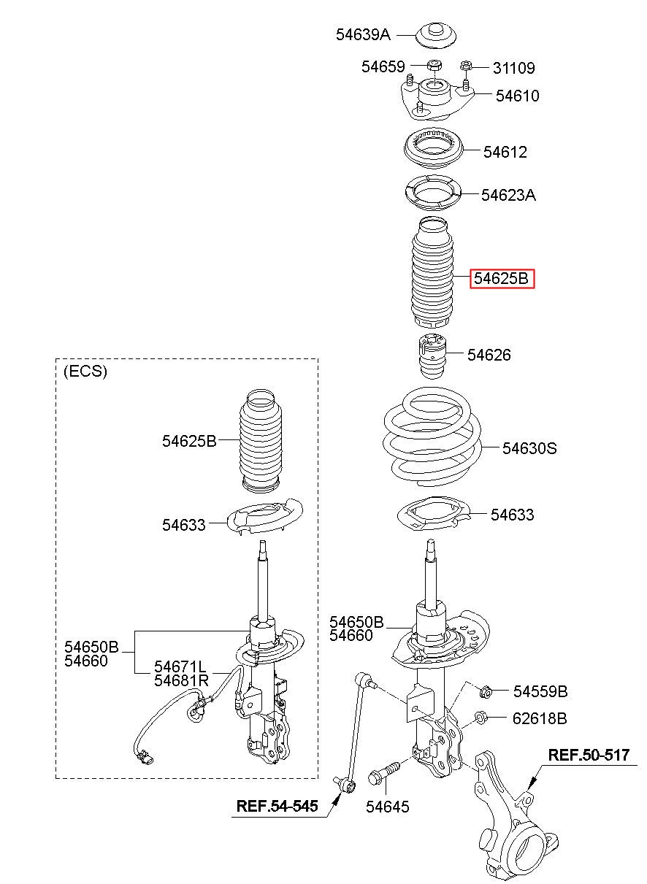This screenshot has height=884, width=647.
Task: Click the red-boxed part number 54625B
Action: pos(502,278)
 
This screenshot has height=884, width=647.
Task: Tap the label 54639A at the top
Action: pos(364,34)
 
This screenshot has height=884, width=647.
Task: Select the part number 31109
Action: pos(513,69)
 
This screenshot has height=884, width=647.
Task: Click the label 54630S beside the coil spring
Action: pos(529,448)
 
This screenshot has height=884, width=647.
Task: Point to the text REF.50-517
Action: pos(588,756)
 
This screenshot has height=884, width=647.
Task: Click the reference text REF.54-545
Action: pos(277,807)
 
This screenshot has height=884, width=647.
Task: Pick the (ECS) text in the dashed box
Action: pos(85,372)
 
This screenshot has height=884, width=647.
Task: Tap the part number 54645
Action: pos(387,807)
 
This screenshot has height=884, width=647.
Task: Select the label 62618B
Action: pos(539,718)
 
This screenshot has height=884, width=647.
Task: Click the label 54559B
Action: pos(540,691)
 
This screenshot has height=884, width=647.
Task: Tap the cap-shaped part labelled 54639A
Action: pos(437,36)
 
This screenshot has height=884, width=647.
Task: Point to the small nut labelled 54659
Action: pos(432,65)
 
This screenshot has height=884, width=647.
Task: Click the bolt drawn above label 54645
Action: pos(383,772)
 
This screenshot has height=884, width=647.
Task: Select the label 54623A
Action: pos(508,195)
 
